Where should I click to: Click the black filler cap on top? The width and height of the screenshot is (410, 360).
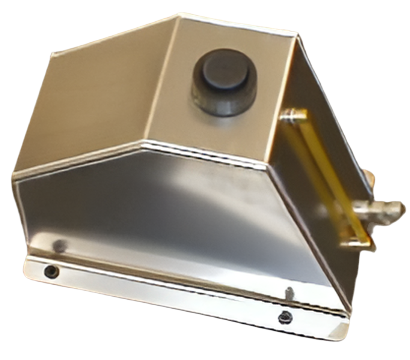[225, 71]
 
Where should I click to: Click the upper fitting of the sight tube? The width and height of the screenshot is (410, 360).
[295, 114]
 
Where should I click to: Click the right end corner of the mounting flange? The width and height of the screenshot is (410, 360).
[347, 330]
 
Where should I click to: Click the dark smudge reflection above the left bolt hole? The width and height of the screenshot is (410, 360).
[59, 246]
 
